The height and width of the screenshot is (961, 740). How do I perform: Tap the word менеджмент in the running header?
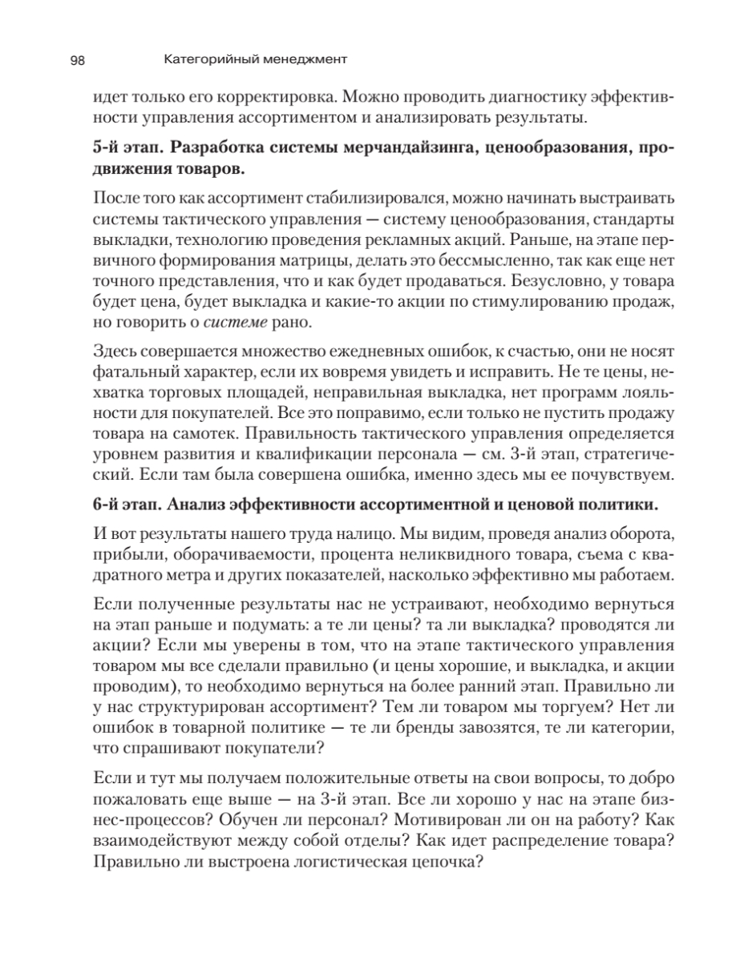302,58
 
